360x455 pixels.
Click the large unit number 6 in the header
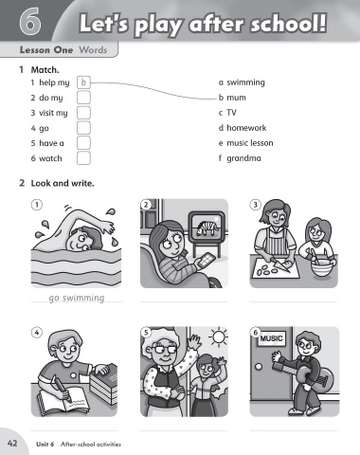tap(30, 21)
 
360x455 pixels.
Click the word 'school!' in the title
tap(288, 23)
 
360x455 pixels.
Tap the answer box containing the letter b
tap(83, 82)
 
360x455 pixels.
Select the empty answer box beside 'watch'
tap(83, 158)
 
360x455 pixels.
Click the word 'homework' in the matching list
tap(246, 128)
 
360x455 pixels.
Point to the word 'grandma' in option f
tap(243, 158)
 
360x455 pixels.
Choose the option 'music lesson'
tap(250, 143)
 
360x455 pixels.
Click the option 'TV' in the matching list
tap(231, 113)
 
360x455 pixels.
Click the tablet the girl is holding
tap(206, 261)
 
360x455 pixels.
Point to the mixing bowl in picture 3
tap(321, 268)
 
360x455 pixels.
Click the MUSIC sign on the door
tap(271, 338)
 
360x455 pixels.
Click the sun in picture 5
tap(218, 337)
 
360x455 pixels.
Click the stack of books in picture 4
tap(103, 384)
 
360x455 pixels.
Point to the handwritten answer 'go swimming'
tap(77, 298)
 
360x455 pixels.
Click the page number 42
tap(12, 443)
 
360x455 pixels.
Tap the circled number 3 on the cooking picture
tap(256, 205)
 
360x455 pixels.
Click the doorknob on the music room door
tap(259, 367)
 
